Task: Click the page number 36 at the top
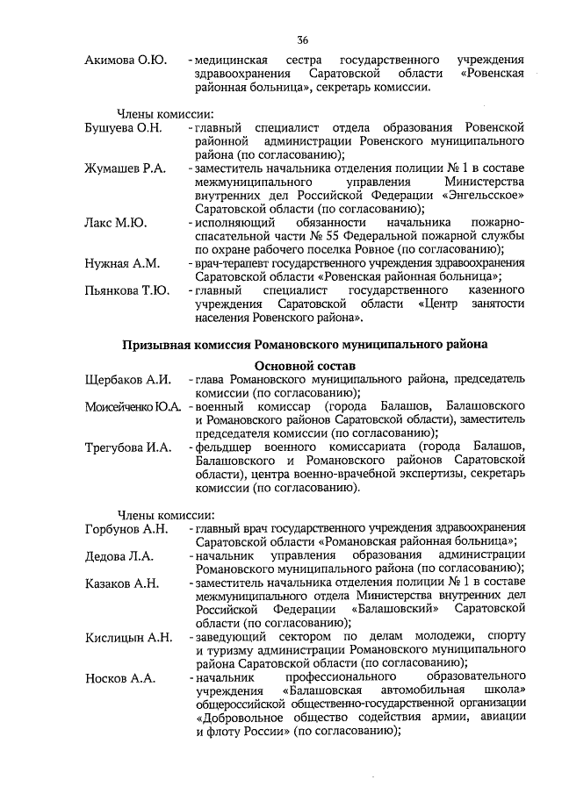click(303, 40)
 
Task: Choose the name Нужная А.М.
click(121, 263)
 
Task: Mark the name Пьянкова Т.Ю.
click(126, 290)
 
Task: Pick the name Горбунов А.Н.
click(126, 528)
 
